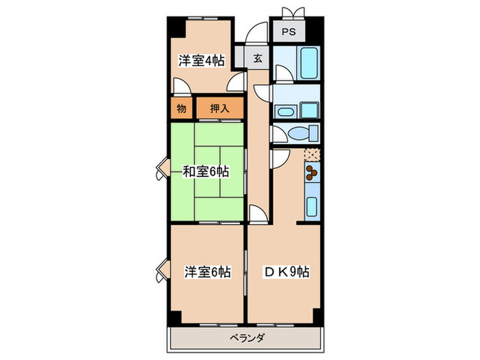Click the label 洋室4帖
202,60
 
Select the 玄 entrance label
257,58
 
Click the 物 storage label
181,108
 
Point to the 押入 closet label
219,108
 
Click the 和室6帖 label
206,171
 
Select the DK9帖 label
287,272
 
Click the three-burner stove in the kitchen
312,171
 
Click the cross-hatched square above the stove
312,154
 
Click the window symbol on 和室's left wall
161,169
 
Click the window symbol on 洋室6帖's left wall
161,271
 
